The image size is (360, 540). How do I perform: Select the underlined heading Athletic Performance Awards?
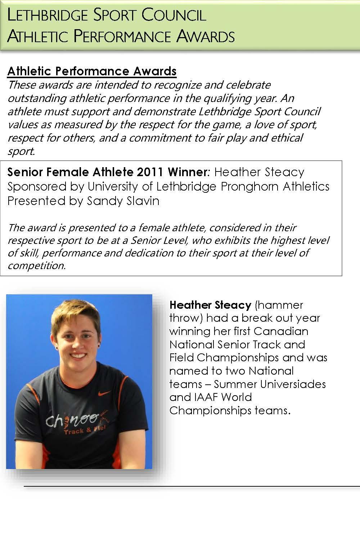point(92,71)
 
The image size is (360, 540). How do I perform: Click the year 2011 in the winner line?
point(151,172)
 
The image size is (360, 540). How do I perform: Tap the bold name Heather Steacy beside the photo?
point(210,305)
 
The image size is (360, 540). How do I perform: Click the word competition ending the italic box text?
point(36,266)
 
